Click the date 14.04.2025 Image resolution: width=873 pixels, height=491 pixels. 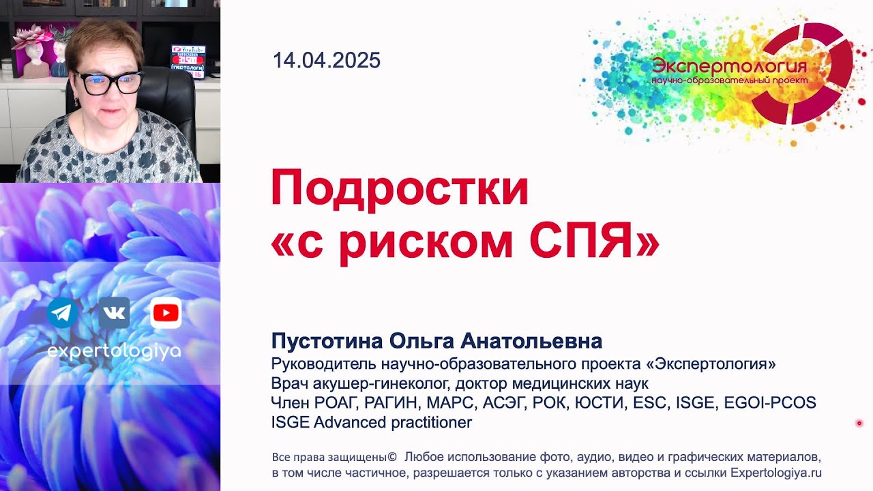[x=326, y=61]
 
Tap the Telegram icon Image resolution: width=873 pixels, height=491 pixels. [x=62, y=313]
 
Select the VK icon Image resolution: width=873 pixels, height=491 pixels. [x=114, y=313]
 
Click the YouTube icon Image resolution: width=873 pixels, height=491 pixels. [x=166, y=313]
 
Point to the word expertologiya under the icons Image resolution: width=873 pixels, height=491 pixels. [x=114, y=351]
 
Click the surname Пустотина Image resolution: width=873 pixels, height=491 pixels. [x=327, y=341]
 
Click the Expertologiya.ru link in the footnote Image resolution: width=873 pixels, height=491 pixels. [x=776, y=473]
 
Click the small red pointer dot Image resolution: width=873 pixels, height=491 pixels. [x=859, y=423]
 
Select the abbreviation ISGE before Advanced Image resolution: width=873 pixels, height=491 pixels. [x=291, y=423]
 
